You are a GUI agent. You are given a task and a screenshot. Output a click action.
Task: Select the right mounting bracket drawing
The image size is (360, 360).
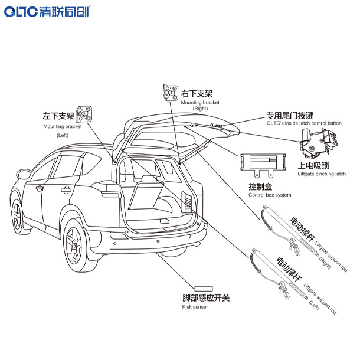click(170, 93)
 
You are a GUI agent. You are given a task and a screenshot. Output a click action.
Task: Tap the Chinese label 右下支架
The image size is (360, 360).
click(197, 93)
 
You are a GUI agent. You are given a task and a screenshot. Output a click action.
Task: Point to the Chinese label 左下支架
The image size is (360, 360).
click(58, 116)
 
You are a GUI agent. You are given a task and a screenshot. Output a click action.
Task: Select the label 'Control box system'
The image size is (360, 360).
click(270, 195)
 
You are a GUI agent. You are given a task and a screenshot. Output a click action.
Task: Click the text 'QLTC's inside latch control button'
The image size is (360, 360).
click(304, 123)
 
